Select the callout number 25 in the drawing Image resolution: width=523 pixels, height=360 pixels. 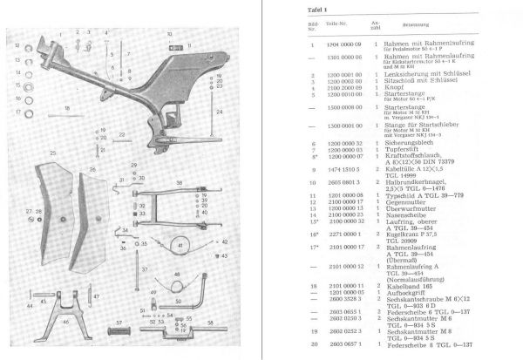tap(52, 153)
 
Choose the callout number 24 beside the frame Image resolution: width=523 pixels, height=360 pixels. tap(218, 112)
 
